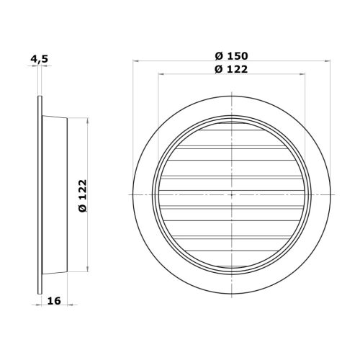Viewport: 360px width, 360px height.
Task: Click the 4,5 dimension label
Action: [40, 59]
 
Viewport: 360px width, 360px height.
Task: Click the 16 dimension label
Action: [54, 300]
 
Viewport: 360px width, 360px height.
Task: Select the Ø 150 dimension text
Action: [231, 56]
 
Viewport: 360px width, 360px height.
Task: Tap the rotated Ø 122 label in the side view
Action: [82, 196]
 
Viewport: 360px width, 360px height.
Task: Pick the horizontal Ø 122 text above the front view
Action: [231, 69]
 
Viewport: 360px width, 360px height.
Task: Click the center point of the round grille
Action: [232, 194]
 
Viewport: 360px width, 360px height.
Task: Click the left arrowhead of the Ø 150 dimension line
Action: [136, 61]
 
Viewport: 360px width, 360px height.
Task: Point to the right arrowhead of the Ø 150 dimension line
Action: [328, 61]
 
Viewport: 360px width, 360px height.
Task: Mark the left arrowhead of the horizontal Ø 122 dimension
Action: [161, 74]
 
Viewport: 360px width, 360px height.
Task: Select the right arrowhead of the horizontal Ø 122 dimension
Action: [302, 74]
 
